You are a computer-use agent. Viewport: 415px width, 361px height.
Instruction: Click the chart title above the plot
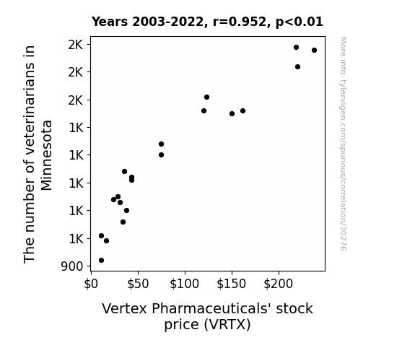pos(207,22)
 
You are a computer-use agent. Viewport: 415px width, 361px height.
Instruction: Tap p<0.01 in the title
pos(300,22)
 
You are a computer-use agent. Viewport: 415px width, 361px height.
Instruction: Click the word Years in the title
pos(110,22)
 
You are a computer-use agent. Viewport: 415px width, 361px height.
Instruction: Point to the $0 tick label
pos(91,284)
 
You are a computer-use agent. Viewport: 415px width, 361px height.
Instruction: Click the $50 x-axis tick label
pos(138,284)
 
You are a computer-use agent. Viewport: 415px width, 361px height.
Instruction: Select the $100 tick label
pos(185,284)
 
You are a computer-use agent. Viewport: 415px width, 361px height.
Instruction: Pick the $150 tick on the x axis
pos(232,284)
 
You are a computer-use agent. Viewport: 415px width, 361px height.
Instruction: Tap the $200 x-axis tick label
pos(279,284)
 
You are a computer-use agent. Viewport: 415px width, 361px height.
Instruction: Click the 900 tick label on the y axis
pos(72,266)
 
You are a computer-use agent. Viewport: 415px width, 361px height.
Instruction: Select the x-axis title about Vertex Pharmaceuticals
pos(207,316)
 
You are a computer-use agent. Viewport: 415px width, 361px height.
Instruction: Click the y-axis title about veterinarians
pos(38,155)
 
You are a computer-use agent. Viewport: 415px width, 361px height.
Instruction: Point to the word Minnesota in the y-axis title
pos(47,155)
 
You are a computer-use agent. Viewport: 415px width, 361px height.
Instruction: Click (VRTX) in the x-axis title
pos(227,325)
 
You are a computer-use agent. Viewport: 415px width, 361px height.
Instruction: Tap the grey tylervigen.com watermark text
pos(343,144)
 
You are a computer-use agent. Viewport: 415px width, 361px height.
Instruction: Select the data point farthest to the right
pos(314,50)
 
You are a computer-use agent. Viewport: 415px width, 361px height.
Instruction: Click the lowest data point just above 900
pos(101,261)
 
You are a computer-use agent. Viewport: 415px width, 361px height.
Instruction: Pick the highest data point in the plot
pos(296,48)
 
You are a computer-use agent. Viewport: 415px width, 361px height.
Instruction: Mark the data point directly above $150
pos(232,113)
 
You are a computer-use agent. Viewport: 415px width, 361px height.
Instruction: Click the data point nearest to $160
pos(243,110)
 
